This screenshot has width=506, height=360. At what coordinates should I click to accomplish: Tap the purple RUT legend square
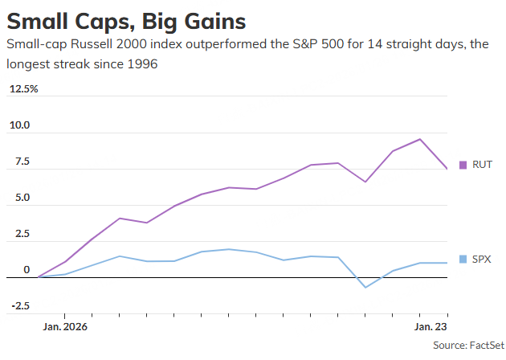coord(463,165)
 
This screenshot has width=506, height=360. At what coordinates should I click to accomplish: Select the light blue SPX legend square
coord(463,259)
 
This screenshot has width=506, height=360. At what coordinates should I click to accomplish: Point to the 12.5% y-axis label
coord(23,88)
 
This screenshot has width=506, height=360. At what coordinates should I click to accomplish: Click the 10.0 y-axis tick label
coord(19,125)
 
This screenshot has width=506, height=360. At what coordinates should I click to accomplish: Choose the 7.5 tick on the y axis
coord(19,162)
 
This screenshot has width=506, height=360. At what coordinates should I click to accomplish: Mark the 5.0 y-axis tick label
coord(19,198)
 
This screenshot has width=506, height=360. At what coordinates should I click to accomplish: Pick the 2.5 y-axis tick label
coord(19,235)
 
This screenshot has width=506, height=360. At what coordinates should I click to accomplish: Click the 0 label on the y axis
coord(26,271)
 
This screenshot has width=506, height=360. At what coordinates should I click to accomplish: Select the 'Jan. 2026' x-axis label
coord(65,327)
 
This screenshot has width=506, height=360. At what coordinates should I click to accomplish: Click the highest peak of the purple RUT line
coord(420,139)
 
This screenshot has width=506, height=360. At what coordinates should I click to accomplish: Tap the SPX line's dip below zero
coord(365,287)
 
